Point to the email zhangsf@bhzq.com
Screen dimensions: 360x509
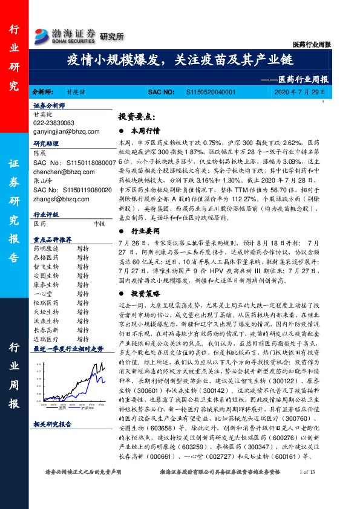click(x=58, y=198)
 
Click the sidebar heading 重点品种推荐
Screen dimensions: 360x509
click(x=53, y=238)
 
